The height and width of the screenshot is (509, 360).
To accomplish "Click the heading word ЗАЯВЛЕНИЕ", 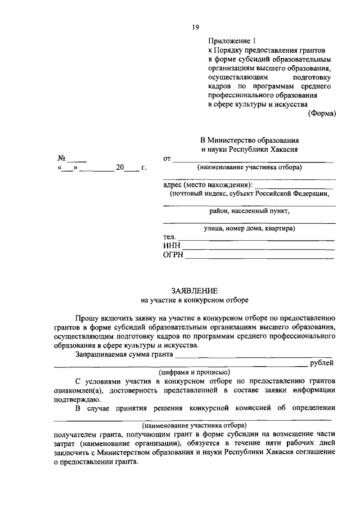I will tap(194, 290).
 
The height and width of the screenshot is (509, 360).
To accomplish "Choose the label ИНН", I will tap(171, 246).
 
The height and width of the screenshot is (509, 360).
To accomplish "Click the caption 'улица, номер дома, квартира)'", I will tap(250, 228).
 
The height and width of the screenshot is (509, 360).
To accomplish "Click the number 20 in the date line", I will tap(120, 168).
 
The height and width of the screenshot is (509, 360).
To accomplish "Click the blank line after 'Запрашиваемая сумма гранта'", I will tap(253, 355).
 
